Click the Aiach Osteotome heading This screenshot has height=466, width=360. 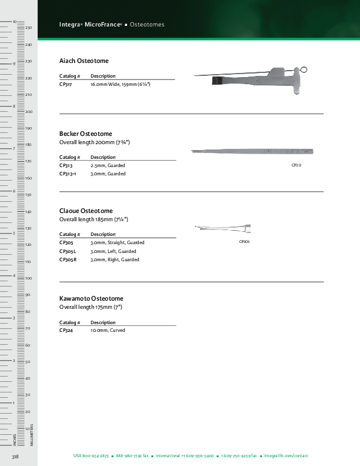[x=84, y=61]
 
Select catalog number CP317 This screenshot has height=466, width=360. [x=66, y=85]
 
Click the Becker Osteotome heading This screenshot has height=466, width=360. [x=86, y=134]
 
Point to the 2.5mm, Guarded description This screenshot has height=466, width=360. [x=108, y=166]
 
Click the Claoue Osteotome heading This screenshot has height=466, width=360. [x=86, y=211]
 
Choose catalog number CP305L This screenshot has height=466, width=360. [x=68, y=251]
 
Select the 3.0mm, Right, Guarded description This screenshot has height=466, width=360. [x=115, y=259]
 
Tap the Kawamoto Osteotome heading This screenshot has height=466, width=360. [x=91, y=299]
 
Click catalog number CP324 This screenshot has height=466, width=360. [x=66, y=331]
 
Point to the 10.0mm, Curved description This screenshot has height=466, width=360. [x=108, y=331]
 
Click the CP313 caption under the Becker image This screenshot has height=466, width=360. [x=296, y=165]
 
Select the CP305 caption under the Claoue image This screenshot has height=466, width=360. [x=244, y=242]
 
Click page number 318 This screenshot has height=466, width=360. [x=16, y=457]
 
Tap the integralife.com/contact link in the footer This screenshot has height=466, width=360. [x=286, y=456]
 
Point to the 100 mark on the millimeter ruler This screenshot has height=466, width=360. [x=28, y=278]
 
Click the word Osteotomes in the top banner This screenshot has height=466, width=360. [x=146, y=25]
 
